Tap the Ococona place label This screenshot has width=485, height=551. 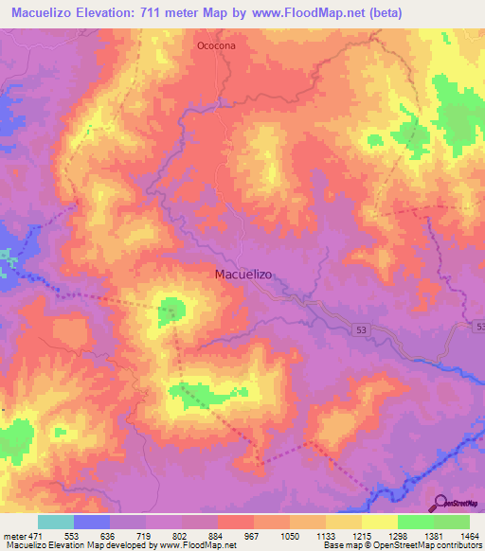coord(215,44)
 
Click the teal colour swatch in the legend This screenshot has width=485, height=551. coord(56,522)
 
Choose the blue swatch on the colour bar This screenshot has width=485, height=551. coord(92,522)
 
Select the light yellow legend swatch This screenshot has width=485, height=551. coord(379,522)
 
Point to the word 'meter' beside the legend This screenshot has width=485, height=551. coord(14,537)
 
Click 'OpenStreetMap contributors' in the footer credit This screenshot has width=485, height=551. coord(432,545)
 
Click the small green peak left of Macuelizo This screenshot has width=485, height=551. coord(171,308)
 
